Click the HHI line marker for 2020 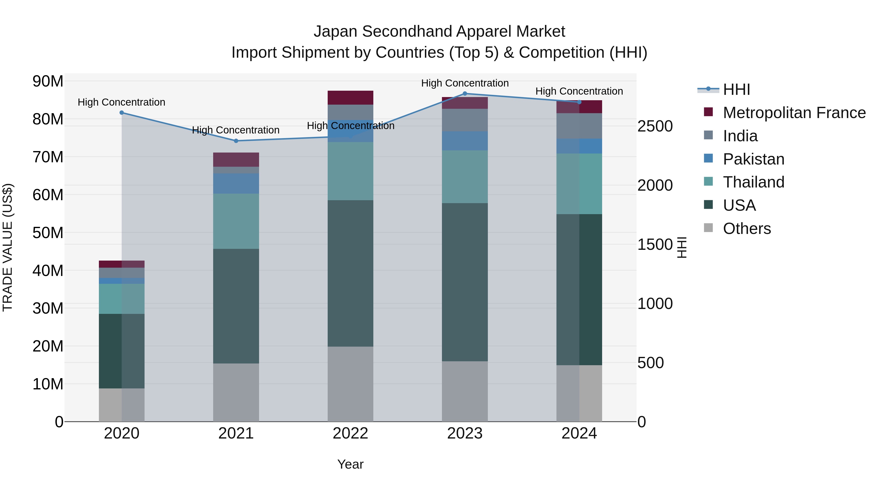click(x=122, y=113)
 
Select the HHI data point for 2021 click(x=236, y=141)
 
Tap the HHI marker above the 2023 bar click(x=465, y=94)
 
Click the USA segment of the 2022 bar click(x=350, y=273)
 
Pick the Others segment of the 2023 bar click(x=465, y=391)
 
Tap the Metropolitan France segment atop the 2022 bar click(x=350, y=98)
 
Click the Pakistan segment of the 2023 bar click(x=465, y=141)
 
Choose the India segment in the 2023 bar click(x=465, y=120)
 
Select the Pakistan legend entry click(x=753, y=159)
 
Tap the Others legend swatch click(x=708, y=228)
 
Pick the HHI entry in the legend click(x=736, y=89)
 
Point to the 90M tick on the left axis click(x=48, y=81)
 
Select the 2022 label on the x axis click(x=350, y=433)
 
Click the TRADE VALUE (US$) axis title click(x=8, y=247)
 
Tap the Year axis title click(x=350, y=464)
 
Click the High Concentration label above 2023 click(x=465, y=83)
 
